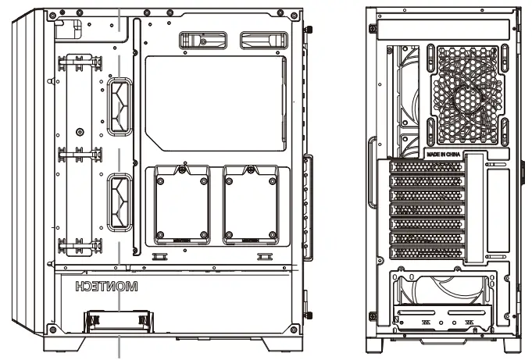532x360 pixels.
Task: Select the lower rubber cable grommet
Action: tap(120, 203)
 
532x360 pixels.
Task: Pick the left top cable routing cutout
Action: tap(199, 41)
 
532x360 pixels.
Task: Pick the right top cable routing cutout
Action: tap(263, 41)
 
